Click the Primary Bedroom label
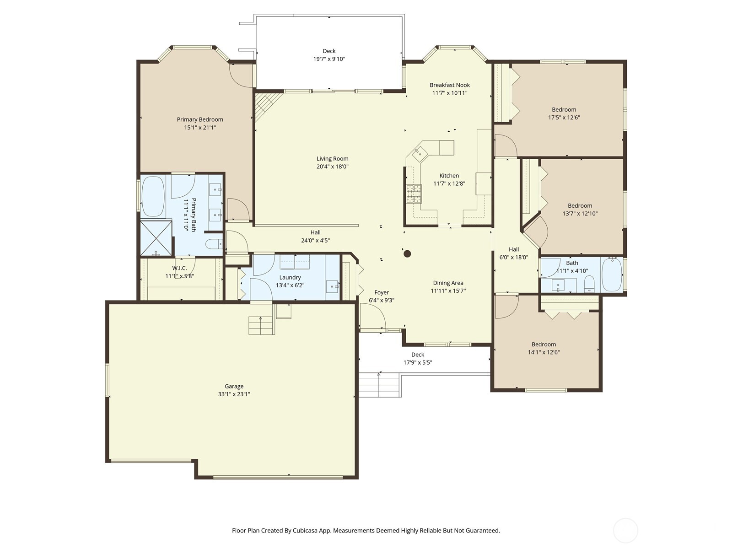[x=200, y=119]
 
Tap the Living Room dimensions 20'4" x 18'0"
[x=332, y=167]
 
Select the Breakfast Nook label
[x=449, y=85]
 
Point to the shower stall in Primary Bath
[x=156, y=237]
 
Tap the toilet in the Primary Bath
[x=213, y=245]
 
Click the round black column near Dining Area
[x=407, y=253]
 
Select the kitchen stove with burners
[x=414, y=194]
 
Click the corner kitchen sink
[x=419, y=153]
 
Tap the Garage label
[x=234, y=386]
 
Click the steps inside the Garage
[x=261, y=325]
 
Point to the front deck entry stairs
[x=379, y=385]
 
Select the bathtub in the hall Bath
[x=612, y=274]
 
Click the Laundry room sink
[x=332, y=286]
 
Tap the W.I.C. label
[x=179, y=268]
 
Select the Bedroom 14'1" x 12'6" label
[x=544, y=344]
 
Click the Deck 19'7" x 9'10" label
[x=329, y=51]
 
